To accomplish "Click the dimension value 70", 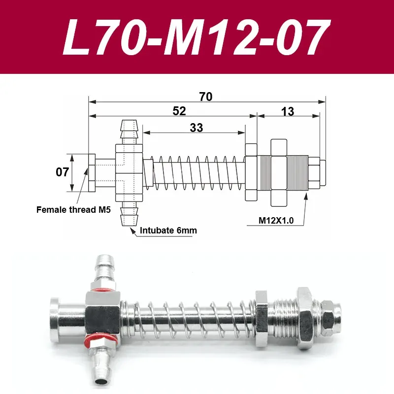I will coord(206,97).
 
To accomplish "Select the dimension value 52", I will coord(179,111).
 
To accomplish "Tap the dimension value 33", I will coord(196,128).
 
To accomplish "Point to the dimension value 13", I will coord(288,111).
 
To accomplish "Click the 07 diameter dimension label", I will coord(61,173).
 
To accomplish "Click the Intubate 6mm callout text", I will coord(165,230).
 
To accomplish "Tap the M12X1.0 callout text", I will coord(276,221).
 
